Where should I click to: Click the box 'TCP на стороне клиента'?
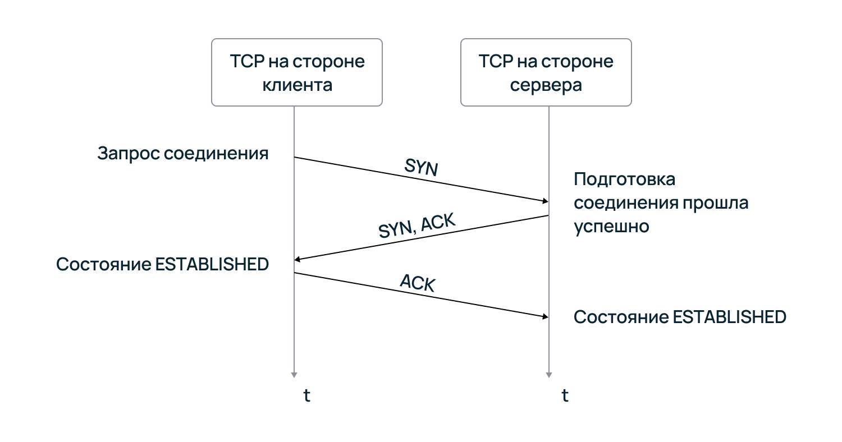tap(296, 72)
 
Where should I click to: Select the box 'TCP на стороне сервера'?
tap(546, 72)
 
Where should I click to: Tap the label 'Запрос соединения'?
tap(183, 154)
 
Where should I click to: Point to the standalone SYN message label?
tap(420, 167)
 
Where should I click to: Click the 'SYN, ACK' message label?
tap(416, 226)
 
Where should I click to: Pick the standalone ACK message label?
tap(418, 283)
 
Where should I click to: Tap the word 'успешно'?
tap(611, 226)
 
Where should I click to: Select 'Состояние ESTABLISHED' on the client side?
tap(162, 264)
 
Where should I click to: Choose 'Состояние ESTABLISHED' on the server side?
tap(680, 317)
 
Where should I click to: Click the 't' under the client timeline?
tap(306, 395)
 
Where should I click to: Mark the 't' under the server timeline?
tap(565, 395)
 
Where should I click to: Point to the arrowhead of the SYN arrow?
tap(545, 201)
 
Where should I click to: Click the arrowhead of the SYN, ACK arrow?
tap(298, 259)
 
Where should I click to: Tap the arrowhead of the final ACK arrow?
tap(545, 317)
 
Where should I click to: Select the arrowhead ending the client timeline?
tap(294, 374)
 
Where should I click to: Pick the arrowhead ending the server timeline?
tap(548, 374)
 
